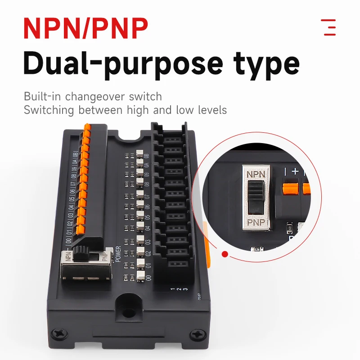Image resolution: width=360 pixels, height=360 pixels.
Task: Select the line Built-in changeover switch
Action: click(x=93, y=96)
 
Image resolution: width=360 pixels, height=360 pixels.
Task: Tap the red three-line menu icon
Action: click(x=329, y=27)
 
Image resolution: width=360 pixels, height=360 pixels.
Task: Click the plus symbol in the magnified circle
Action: click(x=296, y=171)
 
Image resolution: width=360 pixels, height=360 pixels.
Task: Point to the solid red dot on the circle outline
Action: click(x=225, y=255)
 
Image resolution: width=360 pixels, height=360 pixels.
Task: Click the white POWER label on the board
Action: click(x=118, y=254)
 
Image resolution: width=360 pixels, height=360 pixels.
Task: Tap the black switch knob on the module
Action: click(x=82, y=253)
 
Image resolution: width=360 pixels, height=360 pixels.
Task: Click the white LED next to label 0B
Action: click(x=139, y=154)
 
